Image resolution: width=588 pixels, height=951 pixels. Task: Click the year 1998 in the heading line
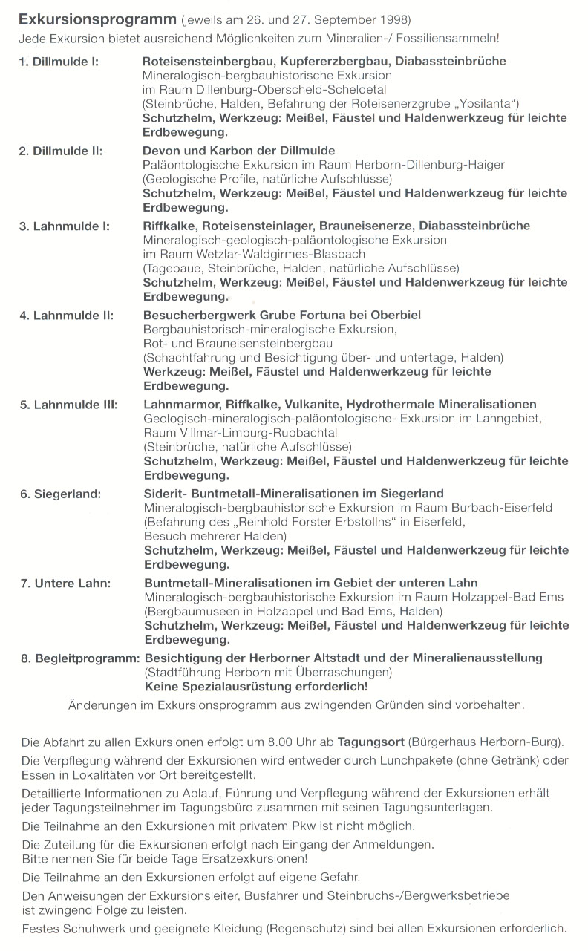394,18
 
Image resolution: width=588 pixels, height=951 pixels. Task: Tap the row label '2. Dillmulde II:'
61,151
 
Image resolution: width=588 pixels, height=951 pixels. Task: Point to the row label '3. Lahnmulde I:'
63,226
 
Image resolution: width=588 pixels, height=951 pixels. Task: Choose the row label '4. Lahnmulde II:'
65,316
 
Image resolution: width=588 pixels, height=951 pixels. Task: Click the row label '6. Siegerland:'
60,494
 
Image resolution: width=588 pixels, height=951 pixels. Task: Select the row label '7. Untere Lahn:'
65,584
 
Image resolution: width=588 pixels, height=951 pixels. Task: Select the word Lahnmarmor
177,405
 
